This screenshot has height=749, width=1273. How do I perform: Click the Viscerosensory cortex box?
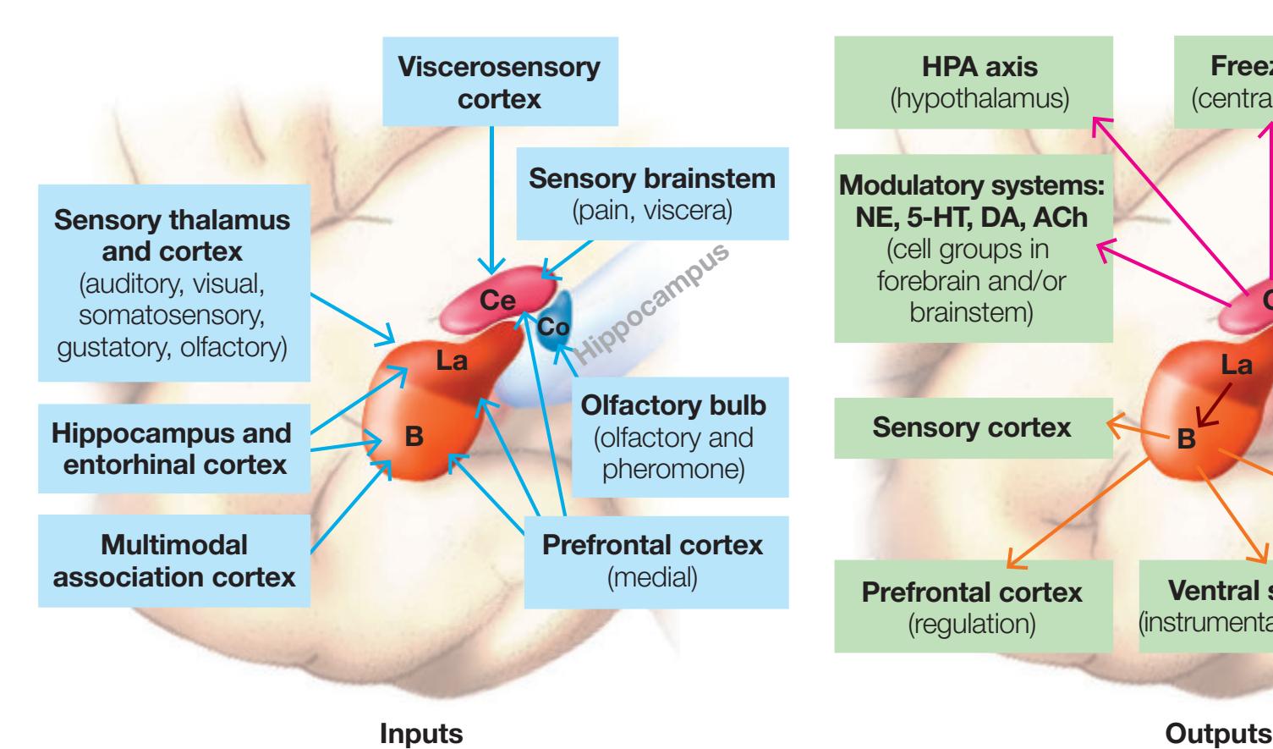pos(499,82)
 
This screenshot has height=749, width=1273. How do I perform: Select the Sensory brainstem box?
pos(651,194)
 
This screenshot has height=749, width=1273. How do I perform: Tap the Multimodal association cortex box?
pos(174,560)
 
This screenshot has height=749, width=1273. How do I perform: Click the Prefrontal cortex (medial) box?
pos(652,561)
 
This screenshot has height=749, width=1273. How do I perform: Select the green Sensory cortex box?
pos(972,427)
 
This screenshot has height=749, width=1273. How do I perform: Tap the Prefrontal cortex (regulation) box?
pos(972,605)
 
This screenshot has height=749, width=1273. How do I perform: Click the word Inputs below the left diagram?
pos(422,734)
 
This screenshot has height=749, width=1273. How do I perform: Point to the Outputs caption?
pos(1219,734)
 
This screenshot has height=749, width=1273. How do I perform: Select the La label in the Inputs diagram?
pos(452,361)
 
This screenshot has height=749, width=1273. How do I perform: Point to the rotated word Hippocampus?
pos(650,300)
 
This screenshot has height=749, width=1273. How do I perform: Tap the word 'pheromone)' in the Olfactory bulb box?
pos(673,468)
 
